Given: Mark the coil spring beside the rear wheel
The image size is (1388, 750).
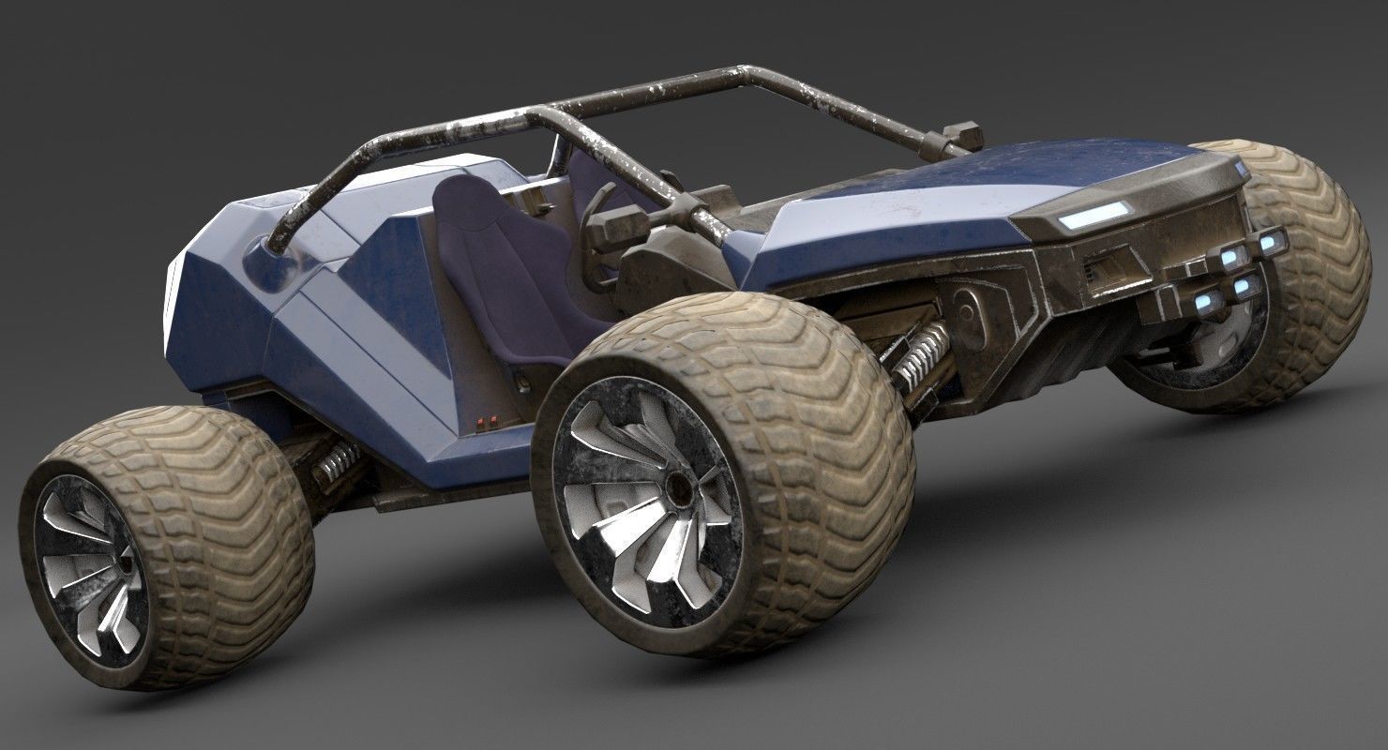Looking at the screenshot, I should click(x=333, y=461).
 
